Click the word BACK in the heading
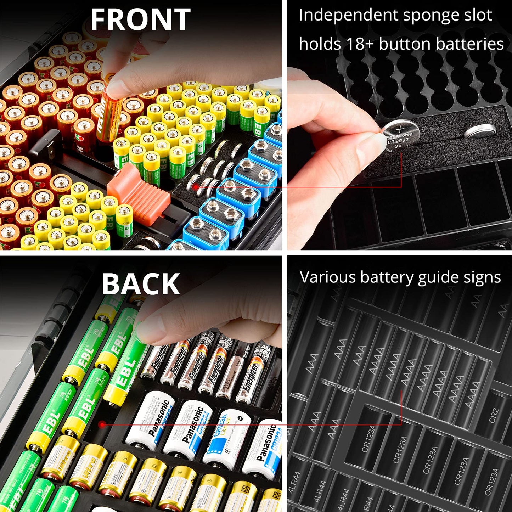click(x=141, y=284)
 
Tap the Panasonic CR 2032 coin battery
click(x=400, y=136)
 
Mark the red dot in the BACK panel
click(x=102, y=424)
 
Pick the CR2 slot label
click(x=494, y=416)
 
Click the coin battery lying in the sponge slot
click(x=480, y=131)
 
